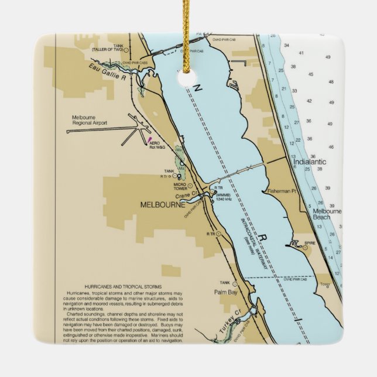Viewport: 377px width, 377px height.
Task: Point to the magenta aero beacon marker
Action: tap(150, 138)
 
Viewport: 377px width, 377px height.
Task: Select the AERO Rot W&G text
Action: tap(157, 145)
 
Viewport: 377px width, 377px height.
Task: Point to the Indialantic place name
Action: tap(309, 161)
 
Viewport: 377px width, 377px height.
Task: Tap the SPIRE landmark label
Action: tap(310, 241)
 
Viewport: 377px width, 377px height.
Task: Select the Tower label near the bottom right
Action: tap(324, 285)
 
